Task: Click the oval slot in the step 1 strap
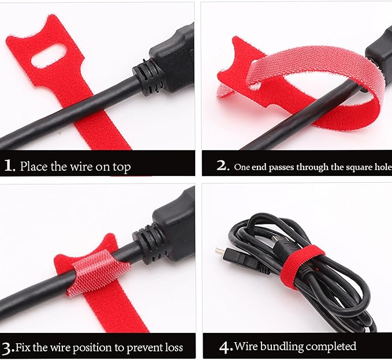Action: pos(49,56)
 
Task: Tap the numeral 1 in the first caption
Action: pos(9,166)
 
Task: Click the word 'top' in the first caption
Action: pos(121,167)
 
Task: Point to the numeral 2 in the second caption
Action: pos(222,165)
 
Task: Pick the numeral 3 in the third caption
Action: pos(8,348)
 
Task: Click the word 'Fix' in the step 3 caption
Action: pos(23,347)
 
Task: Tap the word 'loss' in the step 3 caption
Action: pos(174,347)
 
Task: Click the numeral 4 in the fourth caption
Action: pos(226,347)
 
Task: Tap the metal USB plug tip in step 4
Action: pos(219,250)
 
